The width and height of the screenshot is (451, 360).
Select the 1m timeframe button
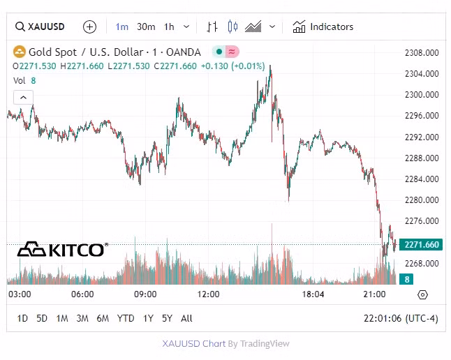(122, 27)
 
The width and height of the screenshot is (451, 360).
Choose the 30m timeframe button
(146, 27)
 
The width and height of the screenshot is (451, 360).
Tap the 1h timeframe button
(169, 27)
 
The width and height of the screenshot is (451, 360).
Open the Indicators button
(323, 27)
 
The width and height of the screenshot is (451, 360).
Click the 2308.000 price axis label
(421, 52)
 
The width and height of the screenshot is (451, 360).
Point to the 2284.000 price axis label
(421, 179)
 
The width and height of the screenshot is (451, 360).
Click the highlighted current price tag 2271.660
(421, 245)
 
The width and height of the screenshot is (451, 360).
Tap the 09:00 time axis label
(145, 294)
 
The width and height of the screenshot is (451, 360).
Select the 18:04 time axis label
(313, 294)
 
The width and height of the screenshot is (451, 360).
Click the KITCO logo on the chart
(62, 249)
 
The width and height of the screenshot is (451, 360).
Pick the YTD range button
(126, 318)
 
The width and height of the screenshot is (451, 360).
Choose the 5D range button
(42, 318)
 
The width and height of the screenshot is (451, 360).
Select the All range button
(186, 318)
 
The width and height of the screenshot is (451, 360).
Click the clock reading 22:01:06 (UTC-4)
(400, 318)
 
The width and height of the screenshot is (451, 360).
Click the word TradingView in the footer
(265, 343)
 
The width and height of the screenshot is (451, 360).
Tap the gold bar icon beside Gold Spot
(20, 52)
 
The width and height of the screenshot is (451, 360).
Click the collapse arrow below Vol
(22, 97)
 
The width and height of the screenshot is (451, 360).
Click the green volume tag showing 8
(406, 279)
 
